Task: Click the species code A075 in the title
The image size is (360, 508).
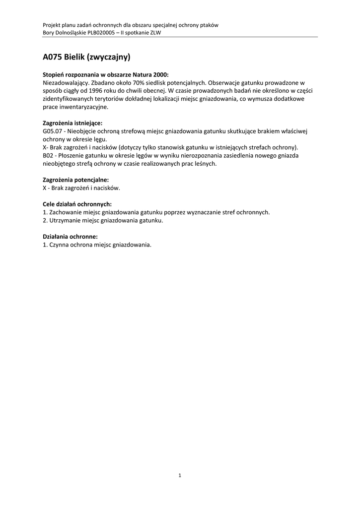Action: (x=52, y=57)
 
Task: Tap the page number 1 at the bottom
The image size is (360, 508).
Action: (x=180, y=476)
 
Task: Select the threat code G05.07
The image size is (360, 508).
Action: (x=53, y=130)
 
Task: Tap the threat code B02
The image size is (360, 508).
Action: (x=49, y=155)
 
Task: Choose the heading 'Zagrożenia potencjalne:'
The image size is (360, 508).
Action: (x=76, y=180)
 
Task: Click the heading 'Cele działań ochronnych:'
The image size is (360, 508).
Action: (x=77, y=204)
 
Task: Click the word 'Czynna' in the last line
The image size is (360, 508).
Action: (x=59, y=245)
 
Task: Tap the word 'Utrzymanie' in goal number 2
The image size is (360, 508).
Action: (x=64, y=220)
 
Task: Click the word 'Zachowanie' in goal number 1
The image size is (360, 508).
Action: (x=65, y=212)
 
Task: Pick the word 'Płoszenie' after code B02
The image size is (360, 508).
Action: (x=73, y=155)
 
